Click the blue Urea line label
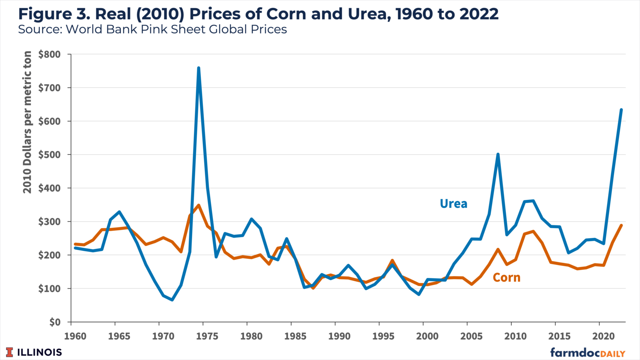click(453, 204)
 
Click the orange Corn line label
click(506, 277)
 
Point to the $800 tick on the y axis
click(49, 54)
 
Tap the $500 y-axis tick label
click(49, 155)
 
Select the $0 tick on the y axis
click(54, 322)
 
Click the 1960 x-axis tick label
click(75, 336)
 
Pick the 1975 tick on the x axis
click(207, 336)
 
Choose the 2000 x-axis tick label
click(427, 336)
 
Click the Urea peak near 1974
click(198, 67)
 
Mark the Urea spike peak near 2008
click(498, 154)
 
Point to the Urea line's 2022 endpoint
click(621, 110)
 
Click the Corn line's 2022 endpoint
click(621, 225)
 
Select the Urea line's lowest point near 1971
click(172, 300)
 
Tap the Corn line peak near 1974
click(199, 205)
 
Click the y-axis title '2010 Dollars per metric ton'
click(27, 122)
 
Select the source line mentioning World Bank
click(152, 30)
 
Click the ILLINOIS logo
click(34, 352)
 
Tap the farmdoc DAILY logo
click(587, 352)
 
